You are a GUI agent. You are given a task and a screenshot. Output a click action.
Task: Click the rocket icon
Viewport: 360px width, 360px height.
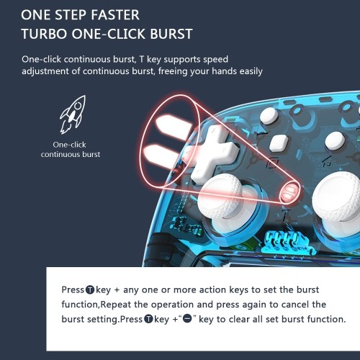(73, 114)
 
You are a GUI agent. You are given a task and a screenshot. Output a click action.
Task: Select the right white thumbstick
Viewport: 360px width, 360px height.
(337, 196)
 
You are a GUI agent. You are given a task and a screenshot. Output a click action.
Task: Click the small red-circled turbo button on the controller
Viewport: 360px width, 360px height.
(290, 193)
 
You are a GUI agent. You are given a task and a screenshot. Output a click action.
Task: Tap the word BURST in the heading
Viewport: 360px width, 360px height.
(171, 34)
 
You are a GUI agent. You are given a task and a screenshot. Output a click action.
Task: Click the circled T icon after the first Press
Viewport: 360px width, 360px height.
(90, 290)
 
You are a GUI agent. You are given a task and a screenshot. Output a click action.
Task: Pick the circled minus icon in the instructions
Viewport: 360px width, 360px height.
(187, 319)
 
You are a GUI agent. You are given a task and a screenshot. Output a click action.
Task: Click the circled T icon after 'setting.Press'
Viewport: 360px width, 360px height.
(149, 319)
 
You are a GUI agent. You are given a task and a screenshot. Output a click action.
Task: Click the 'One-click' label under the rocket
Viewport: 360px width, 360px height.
(69, 145)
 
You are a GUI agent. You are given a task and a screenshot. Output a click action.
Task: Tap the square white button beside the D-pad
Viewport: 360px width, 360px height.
(279, 143)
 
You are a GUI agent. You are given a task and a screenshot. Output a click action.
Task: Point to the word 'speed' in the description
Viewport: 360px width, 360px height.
(215, 60)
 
